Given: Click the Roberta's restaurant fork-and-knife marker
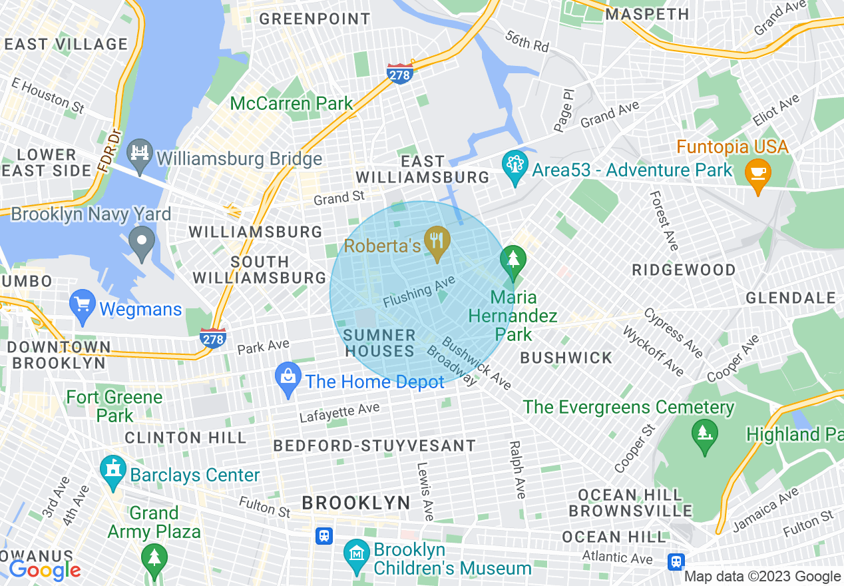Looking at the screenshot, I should point(437,240).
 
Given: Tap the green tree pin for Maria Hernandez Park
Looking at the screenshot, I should point(513,260).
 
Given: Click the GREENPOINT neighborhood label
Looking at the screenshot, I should point(315,19).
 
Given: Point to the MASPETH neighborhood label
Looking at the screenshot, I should point(648,14).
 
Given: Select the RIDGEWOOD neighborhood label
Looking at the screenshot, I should point(684,270).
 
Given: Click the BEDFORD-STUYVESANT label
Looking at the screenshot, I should point(375,445).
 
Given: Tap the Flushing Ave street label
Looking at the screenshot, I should point(419,293).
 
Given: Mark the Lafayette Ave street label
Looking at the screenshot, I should point(339,413).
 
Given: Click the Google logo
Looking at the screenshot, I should point(45,570).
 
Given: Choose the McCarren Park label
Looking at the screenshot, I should point(292,103).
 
